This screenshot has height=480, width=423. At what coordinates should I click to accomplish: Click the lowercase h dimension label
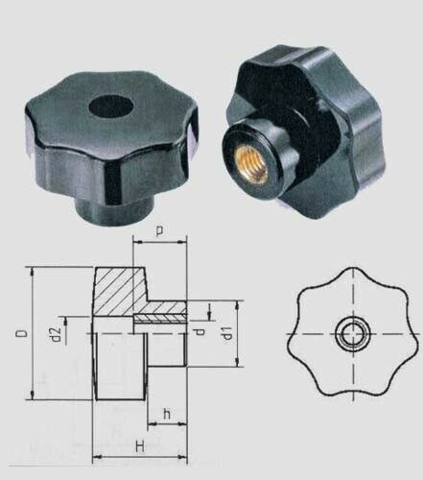167,414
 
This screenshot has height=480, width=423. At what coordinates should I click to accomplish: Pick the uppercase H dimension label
140,447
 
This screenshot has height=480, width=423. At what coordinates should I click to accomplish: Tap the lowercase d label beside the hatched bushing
200,332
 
